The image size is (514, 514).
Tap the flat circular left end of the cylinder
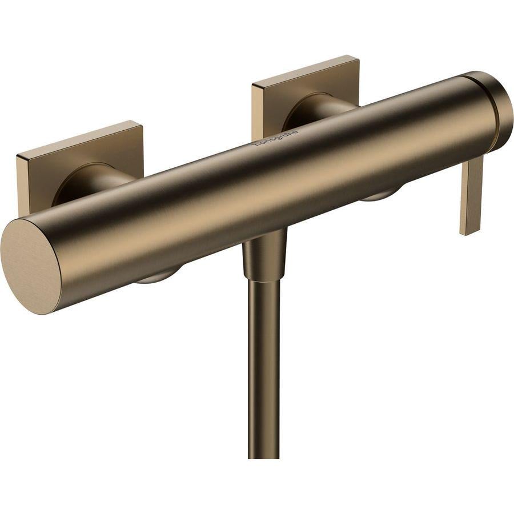coord(30,267)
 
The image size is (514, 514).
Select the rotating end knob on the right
coord(494,112)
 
